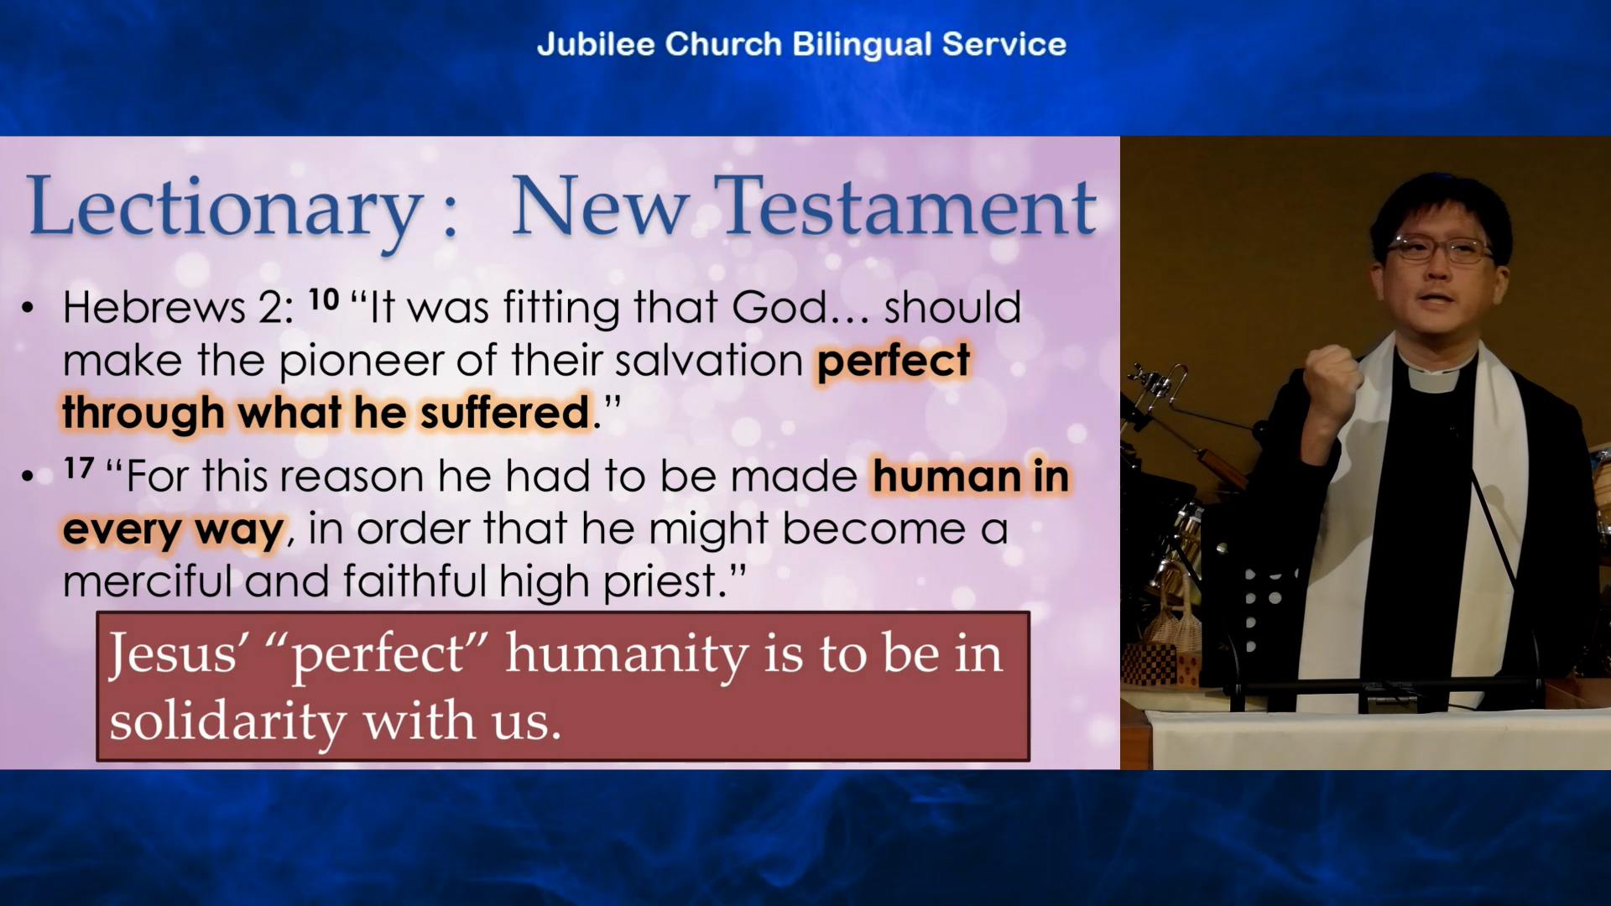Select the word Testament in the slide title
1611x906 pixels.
coord(908,206)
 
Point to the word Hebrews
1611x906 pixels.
coord(154,307)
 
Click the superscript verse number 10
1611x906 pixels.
coord(324,299)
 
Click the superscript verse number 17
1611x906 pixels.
coord(79,467)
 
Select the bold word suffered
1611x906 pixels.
coord(505,412)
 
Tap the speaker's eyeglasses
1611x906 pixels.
coord(1440,249)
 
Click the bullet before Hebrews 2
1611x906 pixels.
coord(29,308)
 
